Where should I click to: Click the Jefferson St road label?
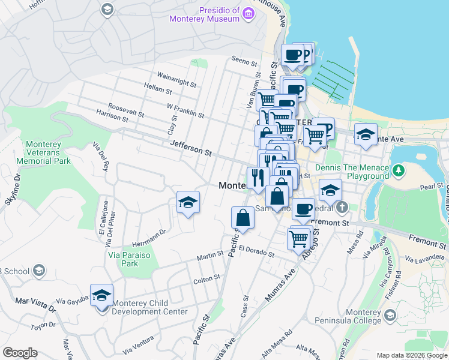[191, 148]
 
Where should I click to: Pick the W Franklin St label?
[185, 110]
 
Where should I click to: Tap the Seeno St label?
[244, 60]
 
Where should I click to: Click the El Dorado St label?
[256, 251]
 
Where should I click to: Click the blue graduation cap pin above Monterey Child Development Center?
[102, 296]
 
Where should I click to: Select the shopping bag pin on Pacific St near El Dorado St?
[243, 218]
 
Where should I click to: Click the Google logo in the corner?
[20, 353]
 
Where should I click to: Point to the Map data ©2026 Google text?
[412, 355]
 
